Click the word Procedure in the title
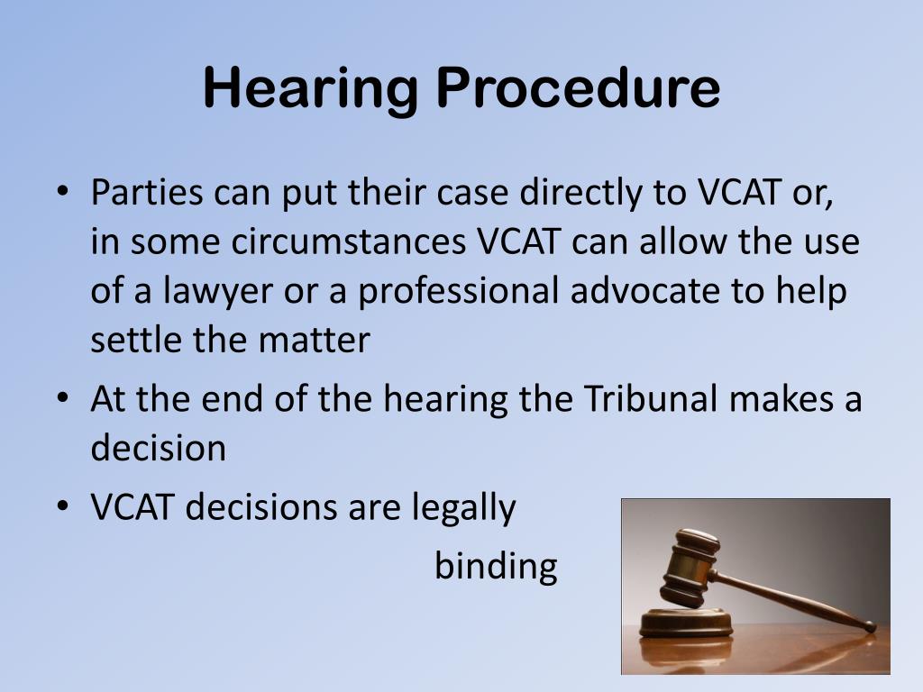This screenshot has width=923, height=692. point(580,89)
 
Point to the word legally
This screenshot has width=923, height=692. point(464,508)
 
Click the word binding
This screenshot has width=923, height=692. point(496,567)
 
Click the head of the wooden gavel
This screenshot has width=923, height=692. point(690,567)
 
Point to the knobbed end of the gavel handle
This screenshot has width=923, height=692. point(869,625)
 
